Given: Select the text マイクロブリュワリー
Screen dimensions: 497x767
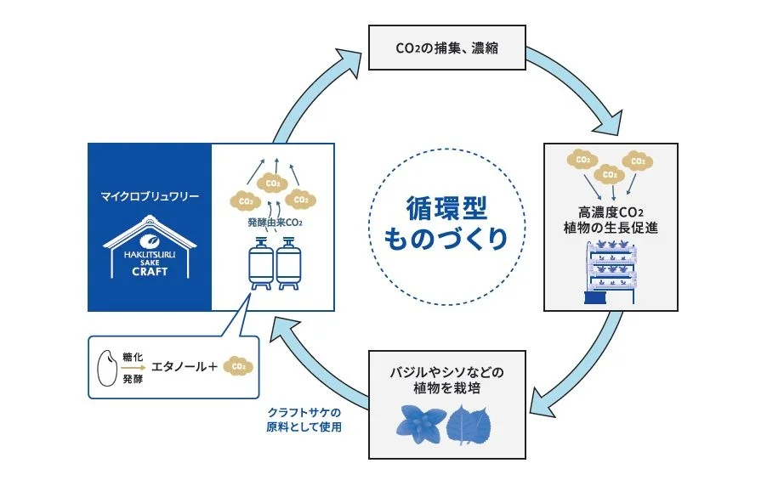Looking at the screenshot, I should [x=149, y=196].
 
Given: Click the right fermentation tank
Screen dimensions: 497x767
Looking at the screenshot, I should [x=287, y=264].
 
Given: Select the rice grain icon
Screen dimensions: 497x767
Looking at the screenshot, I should [x=108, y=367].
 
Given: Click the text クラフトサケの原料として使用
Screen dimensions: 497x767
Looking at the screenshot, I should [x=304, y=420].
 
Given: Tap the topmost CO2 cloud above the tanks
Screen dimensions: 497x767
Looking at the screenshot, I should [x=273, y=183].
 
